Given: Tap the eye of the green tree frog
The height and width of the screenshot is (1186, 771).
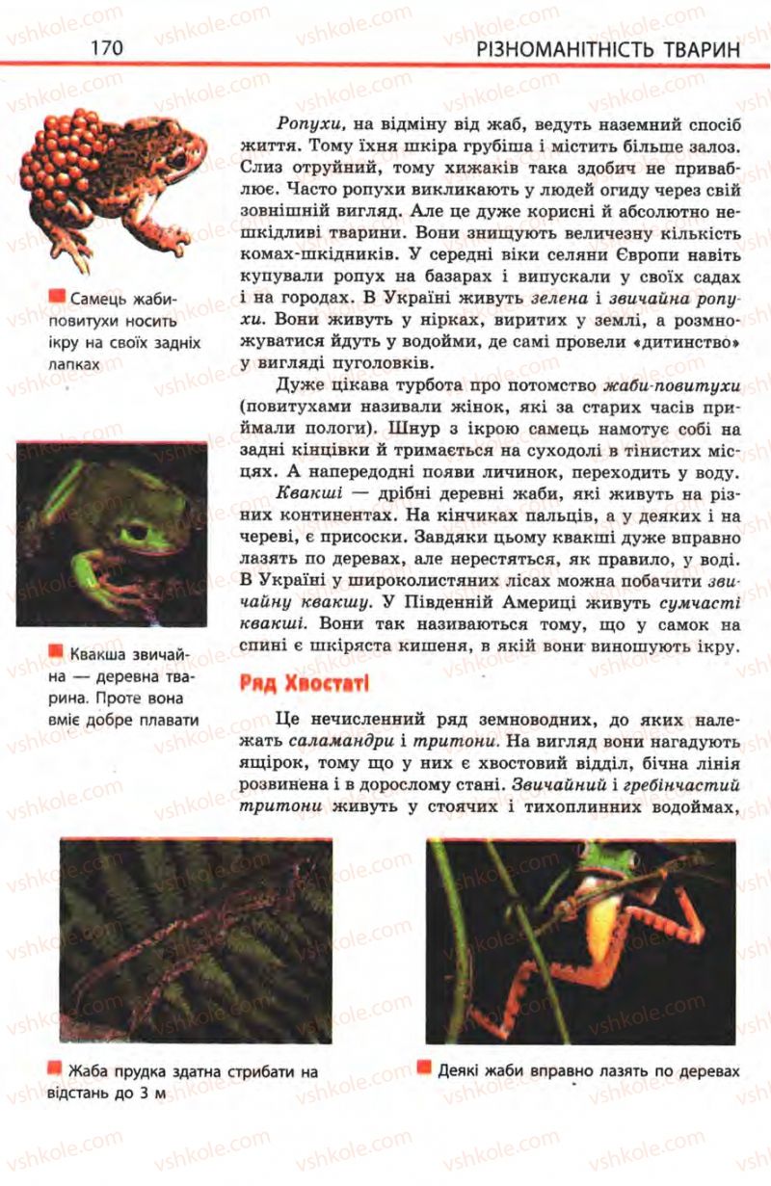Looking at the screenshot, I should coord(136,531).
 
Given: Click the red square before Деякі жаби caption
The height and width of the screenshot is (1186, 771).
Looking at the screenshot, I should coord(424,1068).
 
